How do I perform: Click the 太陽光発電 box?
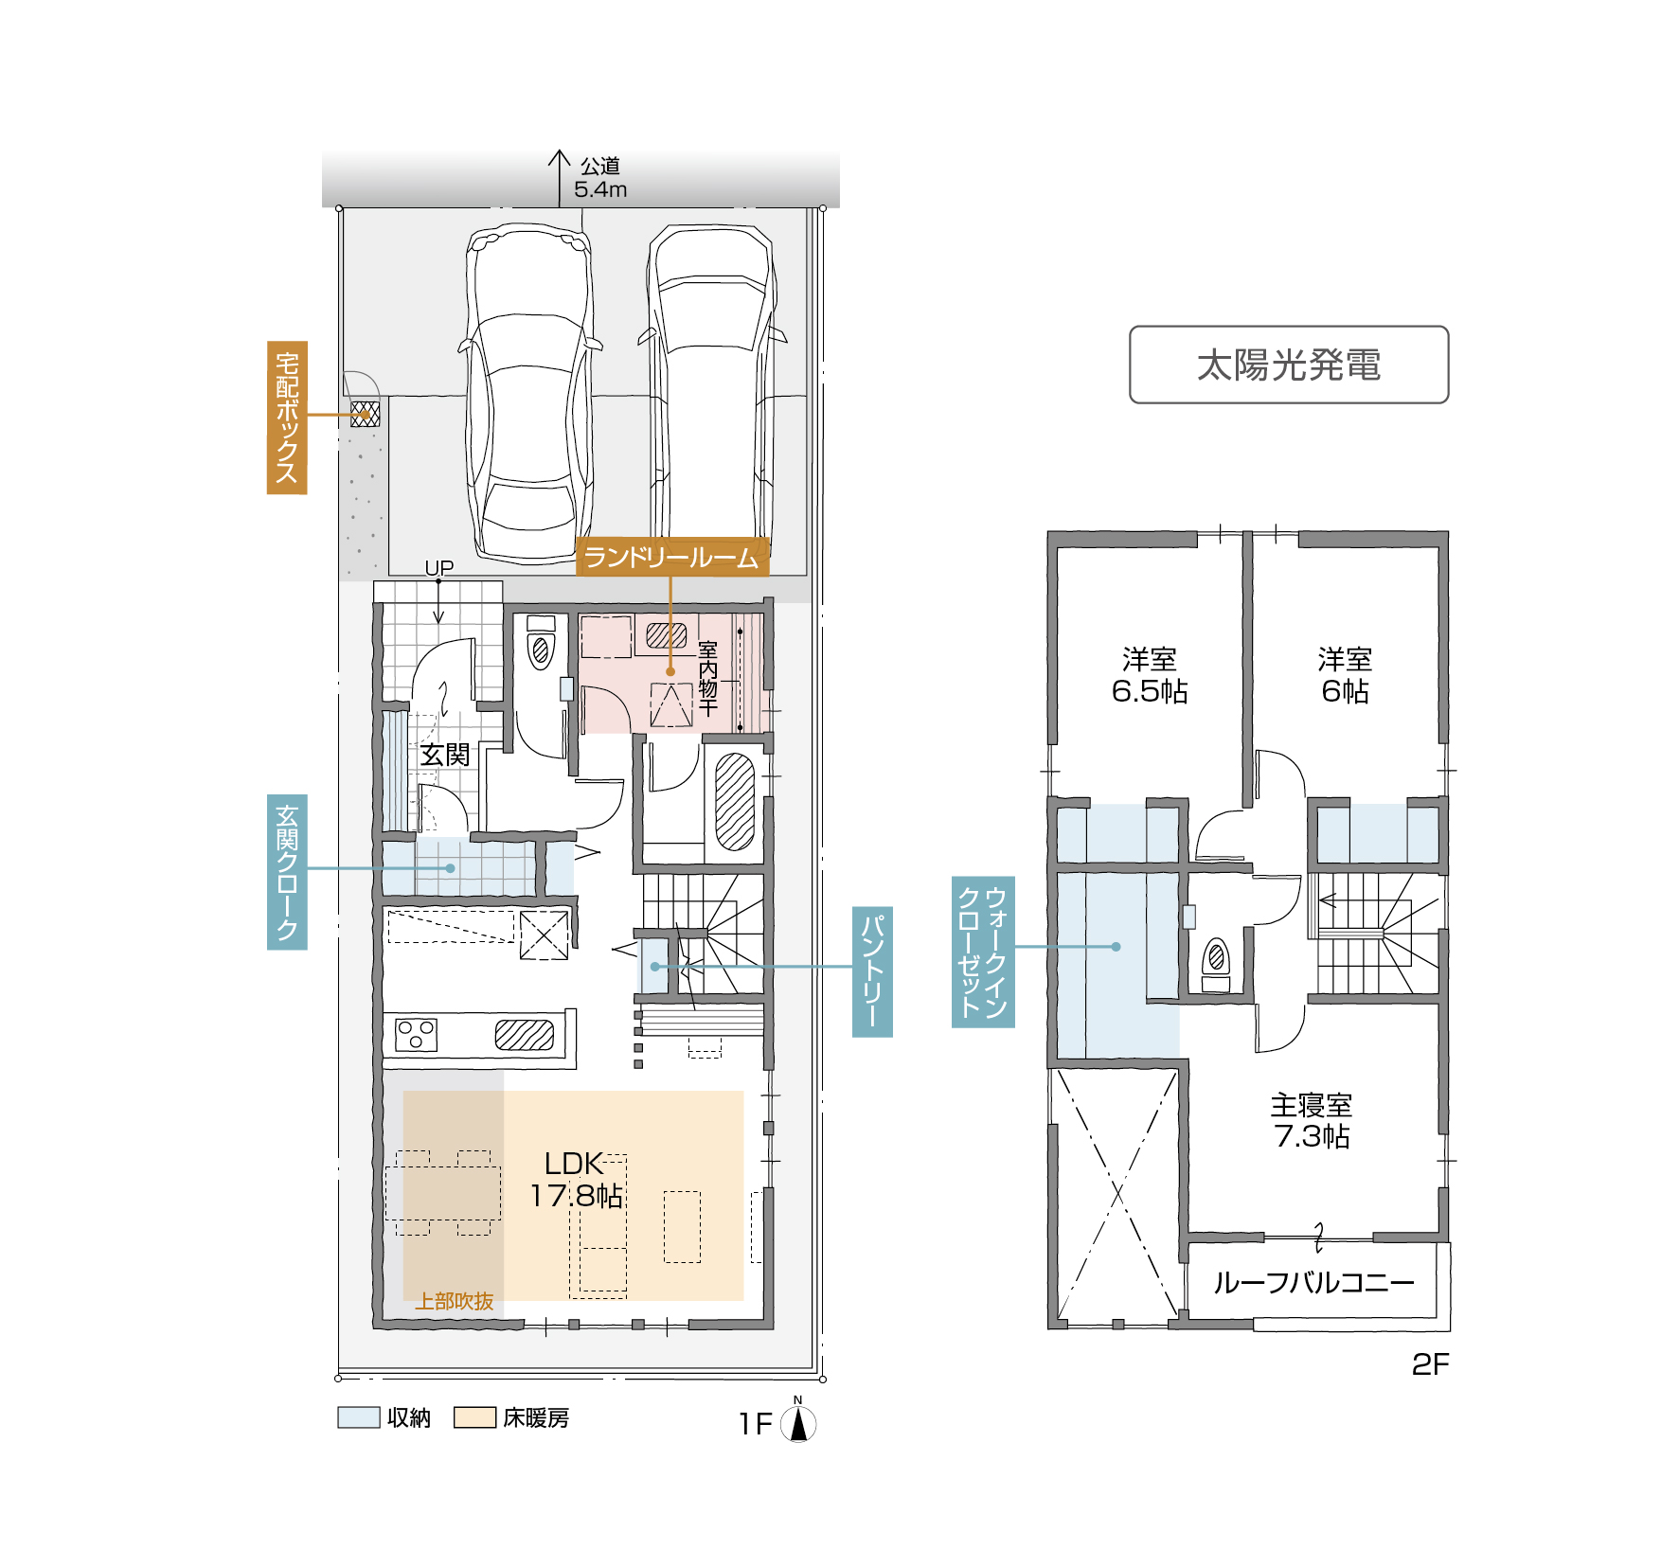point(1289,365)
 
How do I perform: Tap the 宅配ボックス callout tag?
point(287,418)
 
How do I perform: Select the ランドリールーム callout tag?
point(671,557)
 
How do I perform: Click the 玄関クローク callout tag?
point(287,872)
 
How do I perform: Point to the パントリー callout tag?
point(872,971)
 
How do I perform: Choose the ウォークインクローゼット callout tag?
point(983,952)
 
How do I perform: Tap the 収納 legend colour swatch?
point(359,1417)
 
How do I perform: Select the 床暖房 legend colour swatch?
point(474,1417)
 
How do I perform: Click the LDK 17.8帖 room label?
point(576,1180)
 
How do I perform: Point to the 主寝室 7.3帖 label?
point(1312,1120)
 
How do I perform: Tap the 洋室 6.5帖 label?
point(1150,675)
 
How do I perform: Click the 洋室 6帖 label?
point(1345,675)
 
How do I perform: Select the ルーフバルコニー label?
point(1314,1283)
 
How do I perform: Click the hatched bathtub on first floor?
point(734,800)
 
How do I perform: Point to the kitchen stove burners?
point(416,1034)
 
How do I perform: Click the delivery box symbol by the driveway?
point(366,414)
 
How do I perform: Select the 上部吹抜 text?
point(455,1302)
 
